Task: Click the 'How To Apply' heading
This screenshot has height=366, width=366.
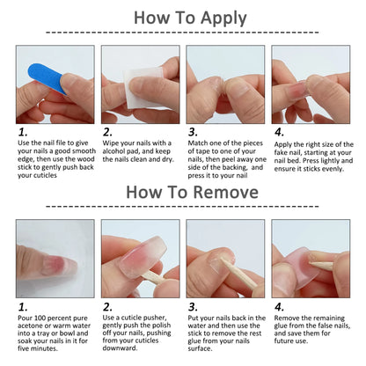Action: [x=182, y=18]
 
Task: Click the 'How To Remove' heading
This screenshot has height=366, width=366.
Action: [x=182, y=192]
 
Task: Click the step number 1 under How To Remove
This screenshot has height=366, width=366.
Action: [x=21, y=308]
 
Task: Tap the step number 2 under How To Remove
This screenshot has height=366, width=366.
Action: [x=106, y=308]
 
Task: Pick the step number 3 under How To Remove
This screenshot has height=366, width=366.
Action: [x=192, y=308]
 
